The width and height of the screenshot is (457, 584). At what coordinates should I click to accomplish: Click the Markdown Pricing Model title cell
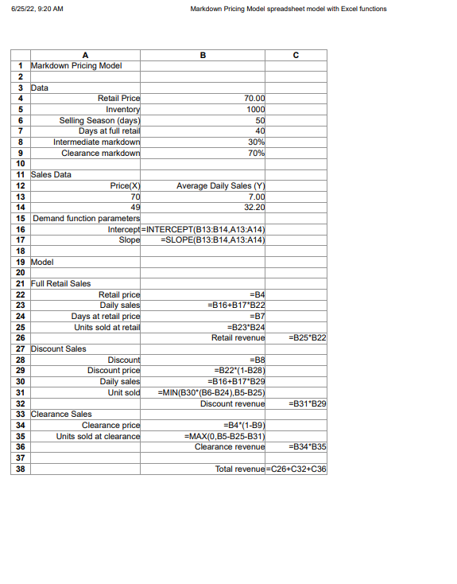[76, 65]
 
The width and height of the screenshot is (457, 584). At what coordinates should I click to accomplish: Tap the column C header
[296, 55]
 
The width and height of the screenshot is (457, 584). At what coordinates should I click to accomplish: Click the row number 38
[19, 469]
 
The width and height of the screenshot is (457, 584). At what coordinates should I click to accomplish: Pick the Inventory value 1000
[254, 108]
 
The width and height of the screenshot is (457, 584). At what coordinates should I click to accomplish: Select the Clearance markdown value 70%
[256, 153]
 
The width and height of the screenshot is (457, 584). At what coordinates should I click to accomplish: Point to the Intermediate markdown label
[96, 142]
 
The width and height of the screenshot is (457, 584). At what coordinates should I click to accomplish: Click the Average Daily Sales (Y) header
[221, 185]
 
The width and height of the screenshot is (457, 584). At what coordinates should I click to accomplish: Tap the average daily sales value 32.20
[254, 207]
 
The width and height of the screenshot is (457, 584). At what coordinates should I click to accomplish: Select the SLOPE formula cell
[212, 239]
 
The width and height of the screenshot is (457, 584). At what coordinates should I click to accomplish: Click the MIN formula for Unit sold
[211, 392]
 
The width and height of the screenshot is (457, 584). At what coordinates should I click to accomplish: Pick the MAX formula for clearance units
[224, 437]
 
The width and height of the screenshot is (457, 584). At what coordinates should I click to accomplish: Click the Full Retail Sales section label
[60, 283]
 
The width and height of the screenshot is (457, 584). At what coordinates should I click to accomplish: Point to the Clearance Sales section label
[60, 414]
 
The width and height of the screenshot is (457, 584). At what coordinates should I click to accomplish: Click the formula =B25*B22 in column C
[308, 337]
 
